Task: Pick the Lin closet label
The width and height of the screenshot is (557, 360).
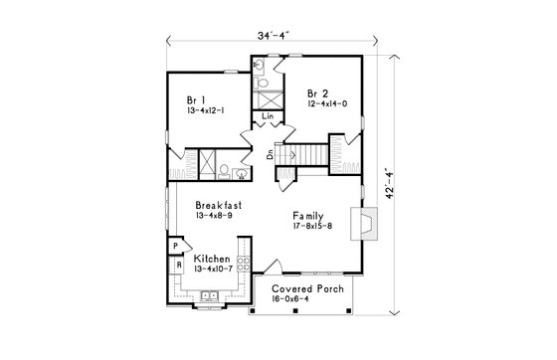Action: (x=269, y=117)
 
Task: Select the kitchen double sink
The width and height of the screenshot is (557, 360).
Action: (x=209, y=296)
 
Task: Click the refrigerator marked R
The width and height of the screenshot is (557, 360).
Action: (x=178, y=266)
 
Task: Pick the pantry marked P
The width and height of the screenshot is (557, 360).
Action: (x=175, y=246)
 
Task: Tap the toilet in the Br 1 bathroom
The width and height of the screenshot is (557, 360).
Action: (x=224, y=169)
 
